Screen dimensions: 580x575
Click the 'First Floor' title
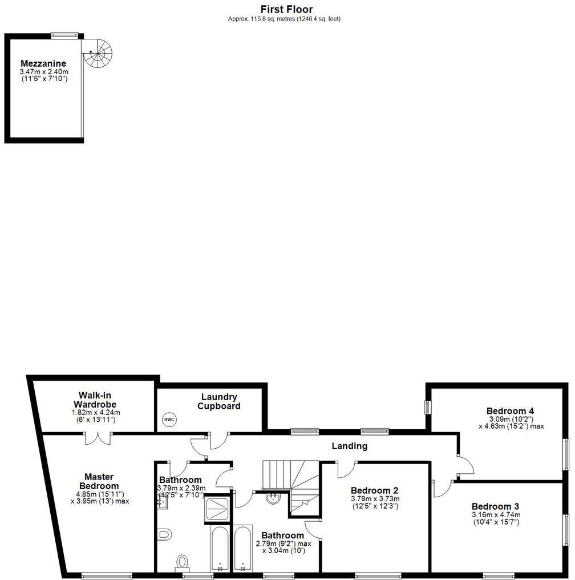(x=286, y=9)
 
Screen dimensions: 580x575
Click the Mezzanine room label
(x=43, y=63)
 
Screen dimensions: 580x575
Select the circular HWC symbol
(x=169, y=420)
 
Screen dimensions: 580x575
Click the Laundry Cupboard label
(x=219, y=401)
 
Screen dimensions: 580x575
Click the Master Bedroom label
(x=99, y=481)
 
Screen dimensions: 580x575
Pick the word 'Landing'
(x=350, y=446)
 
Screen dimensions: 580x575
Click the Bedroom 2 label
(x=374, y=490)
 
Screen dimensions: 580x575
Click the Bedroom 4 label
(x=510, y=410)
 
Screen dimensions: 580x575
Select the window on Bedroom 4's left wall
(x=428, y=407)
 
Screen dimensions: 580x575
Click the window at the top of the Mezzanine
(x=64, y=36)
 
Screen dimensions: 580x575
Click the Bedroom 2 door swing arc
(x=345, y=470)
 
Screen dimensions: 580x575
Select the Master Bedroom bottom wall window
(x=107, y=575)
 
